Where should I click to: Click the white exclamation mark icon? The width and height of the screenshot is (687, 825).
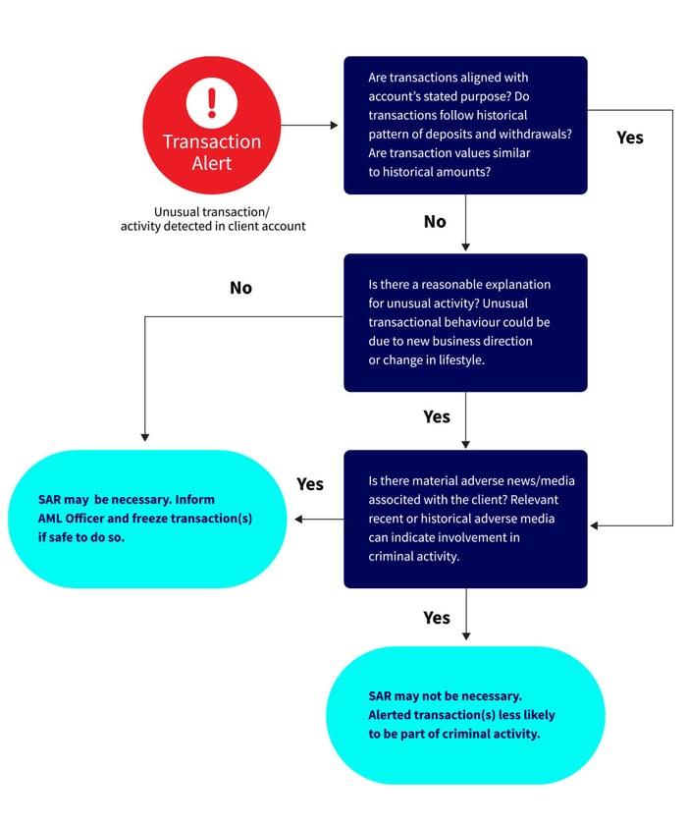pyautogui.click(x=212, y=102)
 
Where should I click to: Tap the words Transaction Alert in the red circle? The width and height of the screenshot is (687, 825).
pyautogui.click(x=212, y=152)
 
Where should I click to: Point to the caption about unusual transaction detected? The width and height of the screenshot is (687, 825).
pyautogui.click(x=213, y=219)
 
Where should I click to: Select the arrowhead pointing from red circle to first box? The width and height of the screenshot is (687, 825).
pyautogui.click(x=335, y=126)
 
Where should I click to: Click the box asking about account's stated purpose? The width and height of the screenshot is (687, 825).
pyautogui.click(x=465, y=126)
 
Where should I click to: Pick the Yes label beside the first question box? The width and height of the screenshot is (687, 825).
pyautogui.click(x=630, y=137)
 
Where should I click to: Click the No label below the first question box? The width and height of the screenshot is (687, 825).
pyautogui.click(x=435, y=222)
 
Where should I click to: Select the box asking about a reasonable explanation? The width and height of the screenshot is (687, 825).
pyautogui.click(x=465, y=322)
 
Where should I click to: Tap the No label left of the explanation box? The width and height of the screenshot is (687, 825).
pyautogui.click(x=240, y=288)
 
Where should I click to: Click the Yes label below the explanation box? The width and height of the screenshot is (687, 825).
pyautogui.click(x=437, y=416)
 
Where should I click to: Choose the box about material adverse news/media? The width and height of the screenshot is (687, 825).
pyautogui.click(x=465, y=519)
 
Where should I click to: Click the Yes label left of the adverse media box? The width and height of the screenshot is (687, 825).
pyautogui.click(x=310, y=484)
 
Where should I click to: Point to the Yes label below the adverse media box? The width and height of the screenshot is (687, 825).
pyautogui.click(x=437, y=618)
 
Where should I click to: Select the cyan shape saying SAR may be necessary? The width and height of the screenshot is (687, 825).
pyautogui.click(x=147, y=519)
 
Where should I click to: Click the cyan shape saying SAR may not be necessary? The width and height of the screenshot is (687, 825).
pyautogui.click(x=465, y=716)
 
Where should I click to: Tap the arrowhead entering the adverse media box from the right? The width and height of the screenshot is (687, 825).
pyautogui.click(x=594, y=525)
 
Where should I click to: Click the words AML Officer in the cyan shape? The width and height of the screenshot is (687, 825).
pyautogui.click(x=71, y=519)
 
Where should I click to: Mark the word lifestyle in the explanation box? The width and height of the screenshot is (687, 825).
pyautogui.click(x=461, y=359)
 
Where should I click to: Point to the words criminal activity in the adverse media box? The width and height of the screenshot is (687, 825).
pyautogui.click(x=413, y=556)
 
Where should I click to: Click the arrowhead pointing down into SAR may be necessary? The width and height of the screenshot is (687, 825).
pyautogui.click(x=145, y=437)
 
